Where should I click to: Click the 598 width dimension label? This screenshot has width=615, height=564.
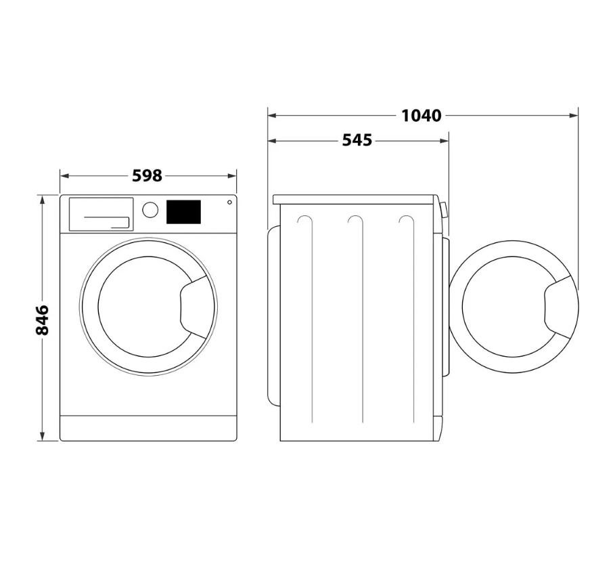point(147,176)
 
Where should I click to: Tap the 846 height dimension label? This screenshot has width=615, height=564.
point(42,320)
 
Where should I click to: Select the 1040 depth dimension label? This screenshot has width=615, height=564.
point(422,116)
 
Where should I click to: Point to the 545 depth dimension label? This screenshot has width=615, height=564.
point(357,140)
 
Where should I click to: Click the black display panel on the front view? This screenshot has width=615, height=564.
point(183,212)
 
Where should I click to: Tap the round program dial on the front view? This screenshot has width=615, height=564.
point(150,210)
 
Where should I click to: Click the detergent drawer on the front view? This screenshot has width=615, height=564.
point(101,215)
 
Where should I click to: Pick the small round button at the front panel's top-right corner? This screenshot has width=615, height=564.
point(229,202)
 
